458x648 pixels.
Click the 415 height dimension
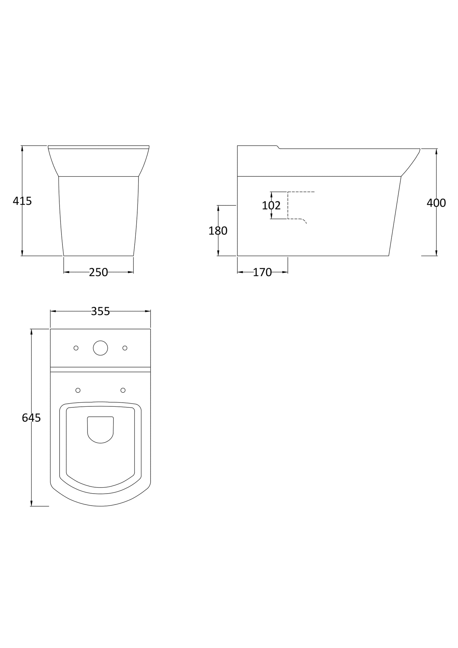[x=22, y=201]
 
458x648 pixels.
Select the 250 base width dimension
[x=98, y=272]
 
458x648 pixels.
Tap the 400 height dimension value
[x=436, y=203]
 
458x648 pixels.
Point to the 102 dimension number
[x=271, y=205]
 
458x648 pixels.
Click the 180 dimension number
[x=218, y=231]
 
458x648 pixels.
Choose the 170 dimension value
[x=262, y=272]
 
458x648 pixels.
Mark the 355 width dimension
[x=100, y=311]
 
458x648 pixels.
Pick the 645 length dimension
[x=31, y=418]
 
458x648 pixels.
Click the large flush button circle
[x=100, y=348]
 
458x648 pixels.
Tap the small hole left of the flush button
[x=76, y=348]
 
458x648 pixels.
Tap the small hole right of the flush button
[x=125, y=348]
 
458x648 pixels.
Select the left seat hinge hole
[x=78, y=390]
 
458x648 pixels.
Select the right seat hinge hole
[x=123, y=390]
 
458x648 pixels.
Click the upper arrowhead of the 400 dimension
[x=436, y=151]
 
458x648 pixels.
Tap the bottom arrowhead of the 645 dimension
[x=31, y=503]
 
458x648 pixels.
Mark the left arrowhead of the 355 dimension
[x=53, y=311]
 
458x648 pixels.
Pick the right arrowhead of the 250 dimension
[x=131, y=272]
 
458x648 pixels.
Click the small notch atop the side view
[x=278, y=147]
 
